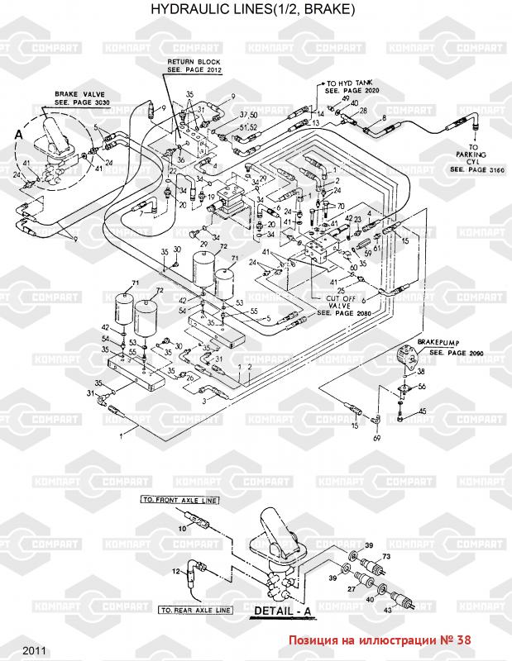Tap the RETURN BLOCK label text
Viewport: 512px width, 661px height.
[192, 66]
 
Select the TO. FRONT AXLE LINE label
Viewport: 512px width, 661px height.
[179, 502]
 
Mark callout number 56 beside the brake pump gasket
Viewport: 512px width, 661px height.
[422, 387]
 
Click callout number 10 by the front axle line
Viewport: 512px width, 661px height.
[182, 527]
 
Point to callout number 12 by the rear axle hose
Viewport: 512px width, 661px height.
[176, 571]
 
